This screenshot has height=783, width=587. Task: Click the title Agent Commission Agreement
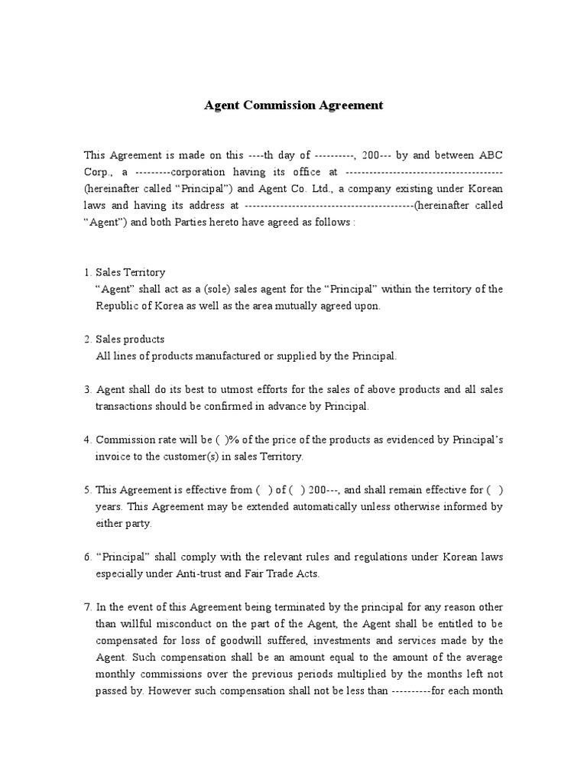[x=293, y=105]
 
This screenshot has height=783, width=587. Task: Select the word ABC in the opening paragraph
[x=490, y=155]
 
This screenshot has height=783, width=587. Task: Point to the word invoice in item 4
[x=112, y=456]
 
